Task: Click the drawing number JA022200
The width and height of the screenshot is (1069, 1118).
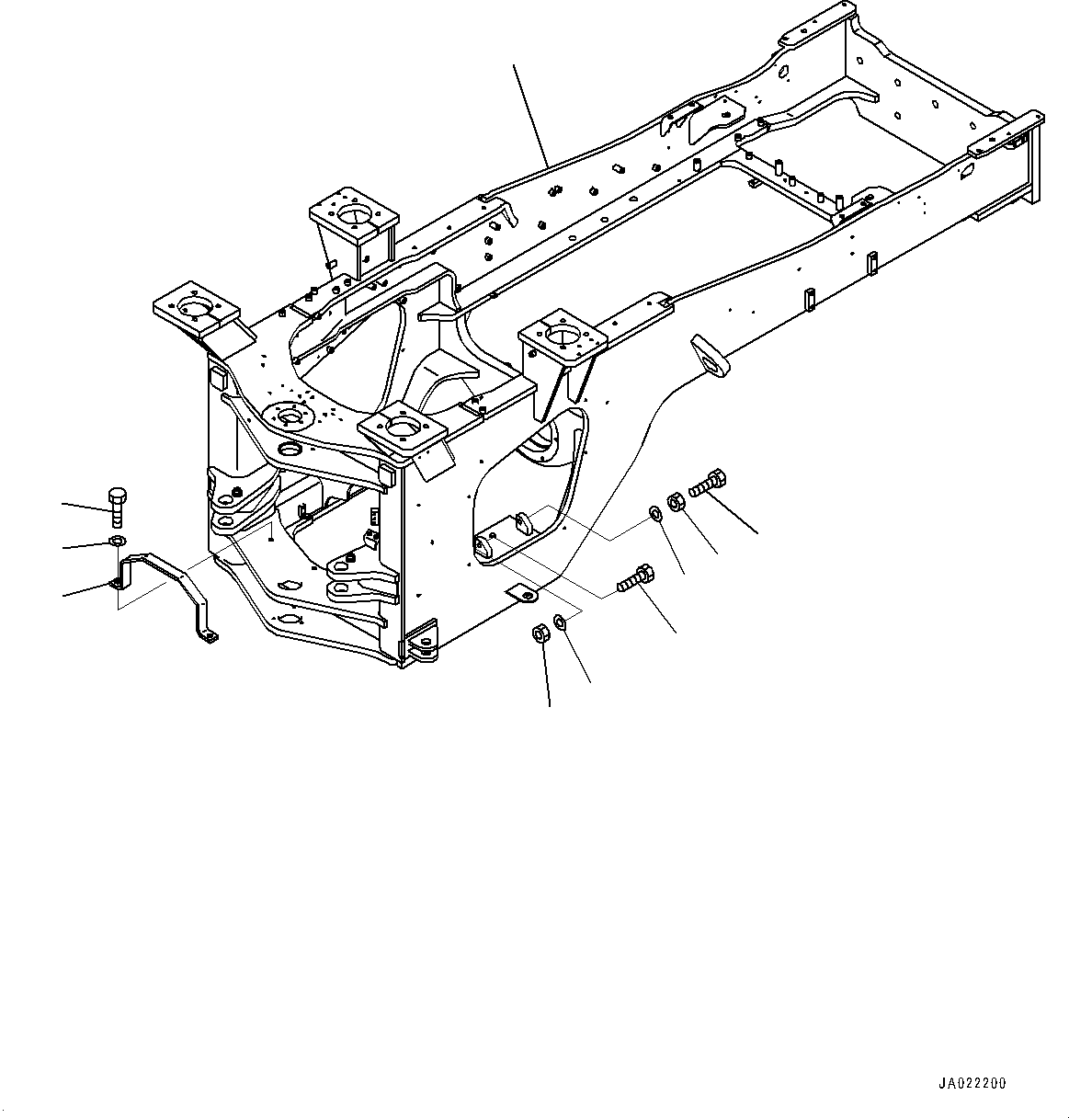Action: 972,1084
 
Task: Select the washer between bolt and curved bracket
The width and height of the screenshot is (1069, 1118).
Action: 117,540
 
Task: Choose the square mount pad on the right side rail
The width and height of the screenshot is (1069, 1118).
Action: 563,334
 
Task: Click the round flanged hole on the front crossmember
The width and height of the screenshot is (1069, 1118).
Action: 290,418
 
